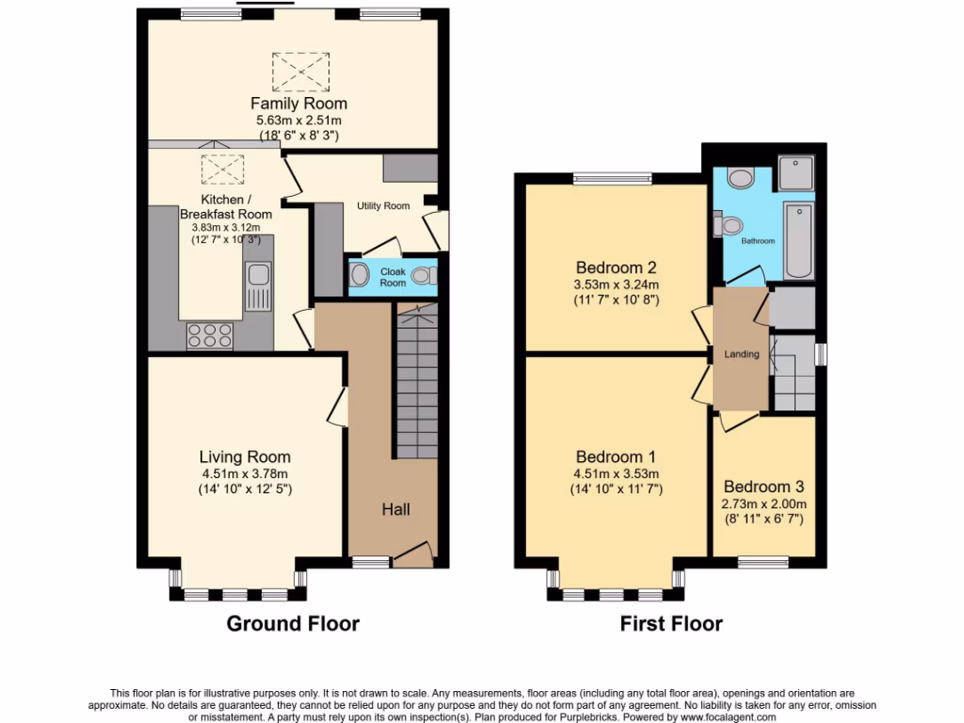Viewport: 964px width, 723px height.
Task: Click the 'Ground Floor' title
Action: [293, 623]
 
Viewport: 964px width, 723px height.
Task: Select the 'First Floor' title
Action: [670, 623]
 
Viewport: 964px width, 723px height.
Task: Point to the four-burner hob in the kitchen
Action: [211, 335]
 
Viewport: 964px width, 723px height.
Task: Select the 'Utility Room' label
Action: [382, 205]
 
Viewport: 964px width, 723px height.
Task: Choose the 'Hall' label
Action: [394, 509]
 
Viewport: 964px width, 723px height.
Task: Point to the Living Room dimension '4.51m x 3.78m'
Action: [244, 474]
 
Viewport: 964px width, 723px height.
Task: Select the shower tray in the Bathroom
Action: [797, 176]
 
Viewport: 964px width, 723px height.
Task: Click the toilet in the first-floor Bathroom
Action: [731, 225]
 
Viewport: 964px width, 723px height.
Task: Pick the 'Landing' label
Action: [741, 354]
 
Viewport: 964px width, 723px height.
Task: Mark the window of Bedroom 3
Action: [763, 562]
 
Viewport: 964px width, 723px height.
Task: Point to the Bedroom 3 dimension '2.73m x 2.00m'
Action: [763, 504]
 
